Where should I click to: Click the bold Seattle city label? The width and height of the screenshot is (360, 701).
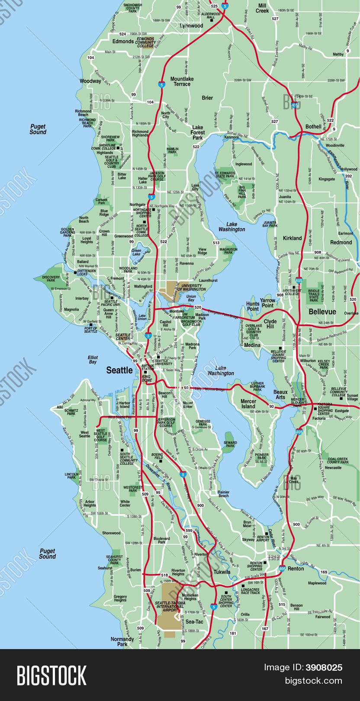click(x=119, y=370)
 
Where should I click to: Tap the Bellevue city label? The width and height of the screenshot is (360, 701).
click(x=322, y=312)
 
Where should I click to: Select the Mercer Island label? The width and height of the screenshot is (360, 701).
click(x=248, y=404)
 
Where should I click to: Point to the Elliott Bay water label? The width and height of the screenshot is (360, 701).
click(x=93, y=360)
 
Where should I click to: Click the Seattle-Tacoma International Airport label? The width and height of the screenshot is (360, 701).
click(x=170, y=606)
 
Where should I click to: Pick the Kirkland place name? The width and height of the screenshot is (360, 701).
click(x=292, y=238)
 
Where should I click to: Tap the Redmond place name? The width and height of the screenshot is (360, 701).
click(x=341, y=242)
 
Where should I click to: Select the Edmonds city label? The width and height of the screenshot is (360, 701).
click(x=123, y=42)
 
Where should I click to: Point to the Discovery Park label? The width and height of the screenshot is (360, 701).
click(x=51, y=279)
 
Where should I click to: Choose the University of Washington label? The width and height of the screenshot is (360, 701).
click(x=191, y=287)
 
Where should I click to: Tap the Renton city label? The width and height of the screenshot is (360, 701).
click(x=296, y=569)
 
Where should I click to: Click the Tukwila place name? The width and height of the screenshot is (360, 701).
click(x=222, y=572)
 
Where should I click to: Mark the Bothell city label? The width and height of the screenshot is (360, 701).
click(x=313, y=127)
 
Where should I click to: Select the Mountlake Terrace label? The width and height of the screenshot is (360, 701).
click(x=182, y=81)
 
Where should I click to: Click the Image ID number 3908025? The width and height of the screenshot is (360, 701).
click(x=324, y=668)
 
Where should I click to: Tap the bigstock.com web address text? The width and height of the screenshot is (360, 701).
click(x=313, y=681)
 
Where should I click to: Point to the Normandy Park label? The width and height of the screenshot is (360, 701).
click(x=122, y=641)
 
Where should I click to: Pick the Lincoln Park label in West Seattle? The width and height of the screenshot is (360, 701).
click(x=71, y=476)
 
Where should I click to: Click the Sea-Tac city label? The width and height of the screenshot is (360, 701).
click(x=194, y=622)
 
